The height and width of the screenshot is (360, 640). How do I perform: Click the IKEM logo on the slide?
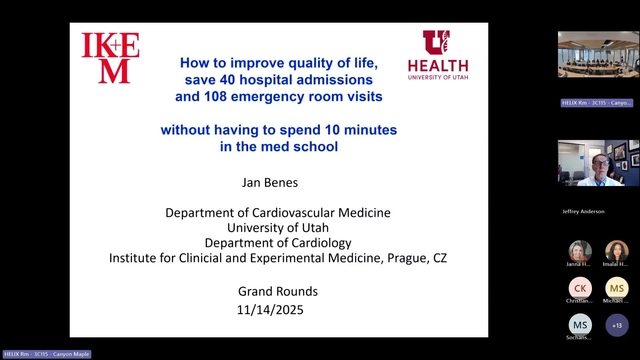(x=110, y=58)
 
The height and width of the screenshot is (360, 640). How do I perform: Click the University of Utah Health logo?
(x=437, y=55)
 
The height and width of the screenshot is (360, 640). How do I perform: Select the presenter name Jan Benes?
(x=278, y=185)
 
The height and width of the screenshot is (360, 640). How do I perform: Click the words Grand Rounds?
(x=278, y=291)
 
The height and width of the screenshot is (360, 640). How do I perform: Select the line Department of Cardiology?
(x=278, y=242)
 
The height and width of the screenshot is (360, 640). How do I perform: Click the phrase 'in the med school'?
(x=278, y=146)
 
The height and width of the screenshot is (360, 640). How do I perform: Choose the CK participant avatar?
(x=580, y=287)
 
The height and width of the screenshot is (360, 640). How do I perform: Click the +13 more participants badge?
(x=617, y=324)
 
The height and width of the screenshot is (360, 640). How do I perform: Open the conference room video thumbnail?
(x=598, y=54)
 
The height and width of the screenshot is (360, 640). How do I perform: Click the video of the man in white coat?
(x=598, y=163)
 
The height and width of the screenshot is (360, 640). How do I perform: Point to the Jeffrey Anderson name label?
(x=581, y=212)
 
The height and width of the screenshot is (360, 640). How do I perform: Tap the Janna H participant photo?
(x=580, y=251)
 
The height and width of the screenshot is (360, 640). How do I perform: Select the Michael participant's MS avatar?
(x=617, y=287)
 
